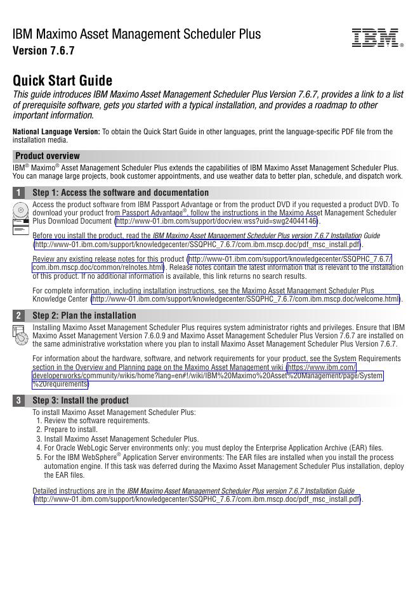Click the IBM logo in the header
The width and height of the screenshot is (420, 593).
(376, 38)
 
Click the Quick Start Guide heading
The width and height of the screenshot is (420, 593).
(63, 81)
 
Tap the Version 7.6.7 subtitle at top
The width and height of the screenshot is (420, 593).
(44, 51)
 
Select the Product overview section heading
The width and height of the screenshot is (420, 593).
(48, 156)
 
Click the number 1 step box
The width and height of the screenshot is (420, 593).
(20, 193)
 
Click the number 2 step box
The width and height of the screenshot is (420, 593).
(20, 316)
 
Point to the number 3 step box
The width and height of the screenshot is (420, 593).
(20, 400)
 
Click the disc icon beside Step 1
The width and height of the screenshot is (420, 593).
(21, 210)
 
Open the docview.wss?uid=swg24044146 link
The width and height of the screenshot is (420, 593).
(216, 222)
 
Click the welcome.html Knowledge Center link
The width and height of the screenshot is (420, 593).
(246, 299)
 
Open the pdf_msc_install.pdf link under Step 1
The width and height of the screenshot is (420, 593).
(197, 245)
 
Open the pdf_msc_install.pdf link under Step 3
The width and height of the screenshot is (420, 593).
(197, 499)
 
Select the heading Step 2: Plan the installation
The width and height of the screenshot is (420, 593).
(84, 316)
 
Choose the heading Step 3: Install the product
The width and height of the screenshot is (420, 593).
(81, 400)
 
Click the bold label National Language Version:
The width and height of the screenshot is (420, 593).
(56, 132)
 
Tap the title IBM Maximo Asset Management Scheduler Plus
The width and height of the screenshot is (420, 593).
(136, 34)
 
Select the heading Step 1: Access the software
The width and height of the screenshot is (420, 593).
(121, 193)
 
